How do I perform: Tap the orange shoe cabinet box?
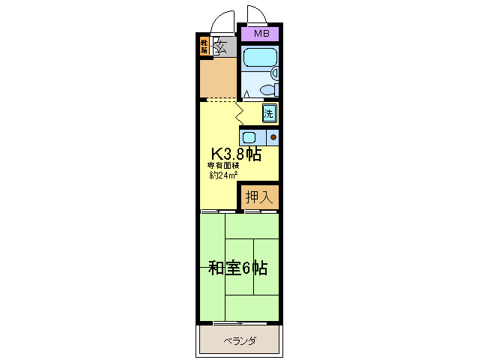coord(204,46)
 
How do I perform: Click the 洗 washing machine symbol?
coord(269,114)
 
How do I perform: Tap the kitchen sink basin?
coord(249,137)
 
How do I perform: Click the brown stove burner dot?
coord(273,137)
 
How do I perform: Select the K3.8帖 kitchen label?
coord(235,154)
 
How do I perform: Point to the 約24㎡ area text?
coord(223,175)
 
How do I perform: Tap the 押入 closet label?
coord(259,197)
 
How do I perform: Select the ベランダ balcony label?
coord(240,341)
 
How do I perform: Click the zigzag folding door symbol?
coord(239,112)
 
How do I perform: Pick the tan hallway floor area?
coord(219,79)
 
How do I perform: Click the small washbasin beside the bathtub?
coord(275,73)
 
